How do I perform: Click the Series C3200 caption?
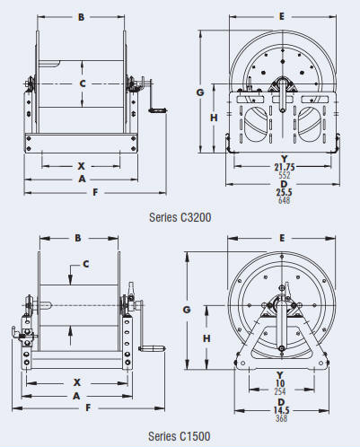(x=180, y=217)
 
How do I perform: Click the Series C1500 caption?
(x=180, y=436)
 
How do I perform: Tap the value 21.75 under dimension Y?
(x=285, y=167)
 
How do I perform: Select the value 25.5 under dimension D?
(x=284, y=192)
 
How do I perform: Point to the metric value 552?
(x=285, y=175)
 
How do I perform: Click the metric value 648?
(x=284, y=200)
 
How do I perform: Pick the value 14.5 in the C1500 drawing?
(x=281, y=410)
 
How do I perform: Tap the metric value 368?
(x=281, y=418)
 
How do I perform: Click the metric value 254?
(x=280, y=391)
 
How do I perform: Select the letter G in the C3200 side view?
(x=200, y=92)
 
